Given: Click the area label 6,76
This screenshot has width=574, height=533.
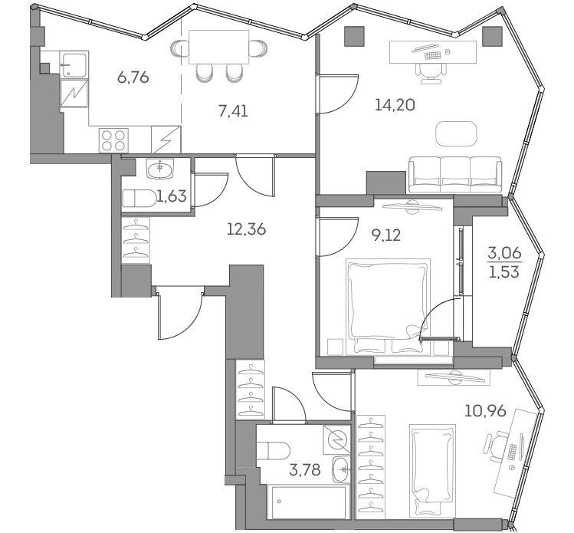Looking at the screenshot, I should (133, 77).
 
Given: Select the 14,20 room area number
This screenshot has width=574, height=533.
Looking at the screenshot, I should (396, 106).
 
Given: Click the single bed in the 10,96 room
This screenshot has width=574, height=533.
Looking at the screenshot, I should (429, 464).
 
